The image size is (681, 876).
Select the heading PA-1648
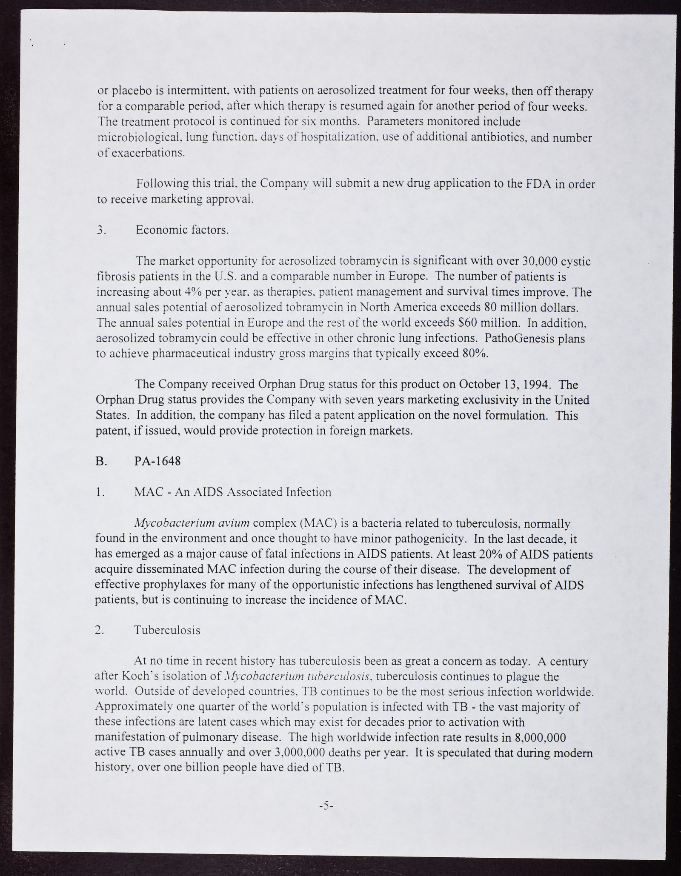click(157, 461)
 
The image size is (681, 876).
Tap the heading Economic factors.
click(182, 230)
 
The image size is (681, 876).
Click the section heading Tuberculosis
click(167, 630)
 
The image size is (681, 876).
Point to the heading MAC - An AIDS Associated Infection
click(232, 492)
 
